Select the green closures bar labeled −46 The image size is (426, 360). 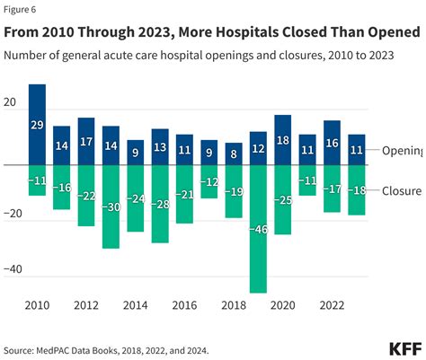[258, 229]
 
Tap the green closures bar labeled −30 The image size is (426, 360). [111, 206]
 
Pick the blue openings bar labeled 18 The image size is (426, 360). [282, 140]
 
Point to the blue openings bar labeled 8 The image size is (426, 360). [234, 154]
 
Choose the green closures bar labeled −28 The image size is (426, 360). [160, 204]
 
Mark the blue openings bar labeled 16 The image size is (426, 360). [332, 143]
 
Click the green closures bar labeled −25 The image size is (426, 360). [282, 199]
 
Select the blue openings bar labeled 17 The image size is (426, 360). [86, 142]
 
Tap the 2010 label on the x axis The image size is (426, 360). [37, 304]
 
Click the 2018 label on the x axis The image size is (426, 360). [234, 304]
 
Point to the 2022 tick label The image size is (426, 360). [332, 304]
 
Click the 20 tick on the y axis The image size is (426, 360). [10, 102]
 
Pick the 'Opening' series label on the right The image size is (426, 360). [403, 151]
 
